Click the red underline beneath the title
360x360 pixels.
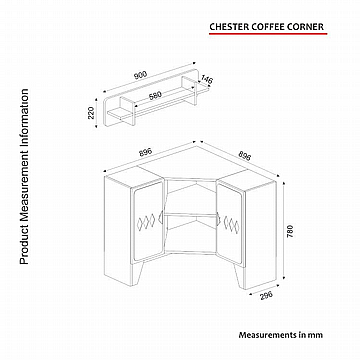pyautogui.click(x=268, y=33)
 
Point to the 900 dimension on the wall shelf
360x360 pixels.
pyautogui.click(x=140, y=75)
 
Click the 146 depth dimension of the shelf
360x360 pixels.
pyautogui.click(x=207, y=80)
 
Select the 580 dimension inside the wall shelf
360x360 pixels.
pyautogui.click(x=155, y=95)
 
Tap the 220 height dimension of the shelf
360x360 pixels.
pyautogui.click(x=92, y=113)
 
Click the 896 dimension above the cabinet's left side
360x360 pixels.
pyautogui.click(x=145, y=153)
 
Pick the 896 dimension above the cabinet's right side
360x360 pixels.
pyautogui.click(x=244, y=154)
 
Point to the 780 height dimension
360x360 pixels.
pyautogui.click(x=290, y=231)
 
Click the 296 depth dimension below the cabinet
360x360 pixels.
pyautogui.click(x=266, y=295)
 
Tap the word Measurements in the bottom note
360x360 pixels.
pyautogui.click(x=267, y=335)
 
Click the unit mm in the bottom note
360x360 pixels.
pyautogui.click(x=317, y=335)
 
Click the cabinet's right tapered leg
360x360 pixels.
pyautogui.click(x=240, y=275)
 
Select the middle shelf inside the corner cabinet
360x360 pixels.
pyautogui.click(x=191, y=214)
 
